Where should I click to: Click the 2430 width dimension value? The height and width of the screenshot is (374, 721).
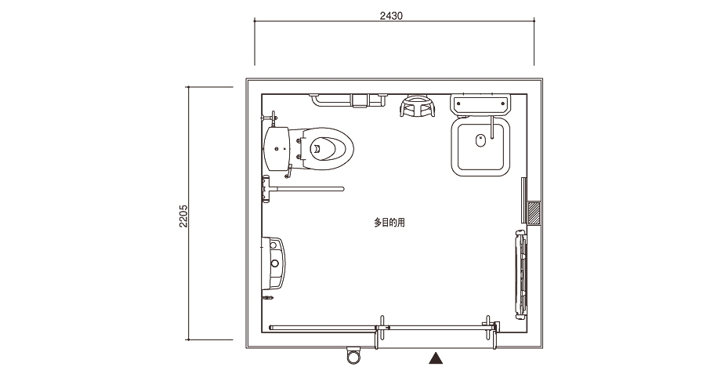click(391, 16)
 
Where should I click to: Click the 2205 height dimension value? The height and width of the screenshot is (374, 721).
click(183, 216)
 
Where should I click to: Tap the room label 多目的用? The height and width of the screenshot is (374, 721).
click(389, 223)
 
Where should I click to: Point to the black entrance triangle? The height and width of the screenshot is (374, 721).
click(436, 358)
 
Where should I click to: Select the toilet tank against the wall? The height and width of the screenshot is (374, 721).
click(277, 148)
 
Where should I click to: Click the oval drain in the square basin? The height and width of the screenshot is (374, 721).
click(480, 140)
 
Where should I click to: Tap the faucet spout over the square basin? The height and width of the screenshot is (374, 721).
click(493, 128)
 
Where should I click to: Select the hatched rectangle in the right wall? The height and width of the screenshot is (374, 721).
click(534, 213)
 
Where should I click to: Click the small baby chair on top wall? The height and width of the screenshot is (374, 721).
click(418, 106)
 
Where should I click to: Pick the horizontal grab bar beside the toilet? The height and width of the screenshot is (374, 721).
click(303, 188)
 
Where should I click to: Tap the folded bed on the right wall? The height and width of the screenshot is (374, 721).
click(520, 274)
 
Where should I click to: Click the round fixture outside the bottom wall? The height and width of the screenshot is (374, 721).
click(353, 354)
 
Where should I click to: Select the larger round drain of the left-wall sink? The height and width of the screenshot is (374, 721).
click(275, 263)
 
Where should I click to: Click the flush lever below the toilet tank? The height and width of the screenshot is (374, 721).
click(288, 172)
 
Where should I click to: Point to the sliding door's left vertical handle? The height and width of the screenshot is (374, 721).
click(381, 332)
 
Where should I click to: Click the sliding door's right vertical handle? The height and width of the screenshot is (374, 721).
click(488, 328)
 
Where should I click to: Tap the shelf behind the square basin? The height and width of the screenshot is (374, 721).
click(480, 104)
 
